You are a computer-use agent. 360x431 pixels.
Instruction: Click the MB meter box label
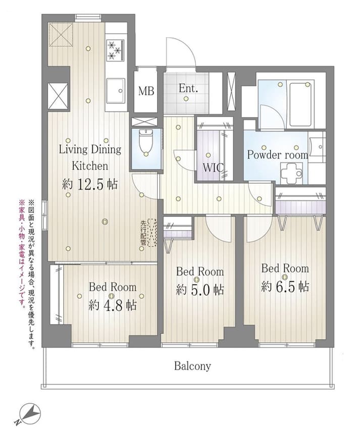point(146,91)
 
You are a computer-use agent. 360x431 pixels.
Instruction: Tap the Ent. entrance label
point(188,88)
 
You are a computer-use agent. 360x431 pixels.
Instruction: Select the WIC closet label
point(213,168)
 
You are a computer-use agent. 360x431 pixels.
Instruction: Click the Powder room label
point(277,155)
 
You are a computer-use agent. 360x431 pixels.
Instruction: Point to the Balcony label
point(192,366)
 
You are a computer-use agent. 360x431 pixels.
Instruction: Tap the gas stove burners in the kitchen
point(115,50)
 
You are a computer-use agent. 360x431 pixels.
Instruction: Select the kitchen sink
point(116,91)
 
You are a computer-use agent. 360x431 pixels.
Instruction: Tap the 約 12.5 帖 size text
point(90,184)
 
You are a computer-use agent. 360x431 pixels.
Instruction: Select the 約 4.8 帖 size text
point(113,305)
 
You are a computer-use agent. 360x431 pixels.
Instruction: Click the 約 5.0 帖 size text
point(199,290)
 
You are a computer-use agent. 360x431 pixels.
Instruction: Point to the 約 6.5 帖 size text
point(285,287)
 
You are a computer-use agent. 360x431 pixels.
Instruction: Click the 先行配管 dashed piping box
point(152,232)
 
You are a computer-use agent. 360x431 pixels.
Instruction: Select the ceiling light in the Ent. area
point(186,99)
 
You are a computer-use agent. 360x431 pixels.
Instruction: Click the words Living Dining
point(90,150)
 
